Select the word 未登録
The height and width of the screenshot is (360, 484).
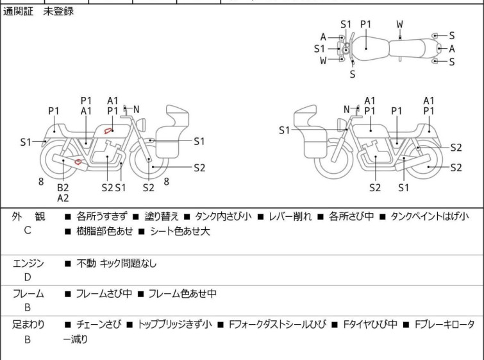click(x=58, y=12)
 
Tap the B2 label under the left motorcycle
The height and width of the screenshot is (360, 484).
click(x=63, y=187)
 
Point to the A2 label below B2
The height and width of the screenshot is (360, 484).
click(x=63, y=198)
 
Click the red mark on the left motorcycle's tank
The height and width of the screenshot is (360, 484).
click(x=110, y=131)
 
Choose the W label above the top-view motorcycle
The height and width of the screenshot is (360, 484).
click(x=399, y=24)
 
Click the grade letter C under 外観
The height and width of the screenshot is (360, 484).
click(x=28, y=230)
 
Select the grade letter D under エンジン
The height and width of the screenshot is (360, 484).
click(x=28, y=277)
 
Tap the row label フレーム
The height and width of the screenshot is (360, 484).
click(x=28, y=294)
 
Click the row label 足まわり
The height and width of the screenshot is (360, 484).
click(x=28, y=325)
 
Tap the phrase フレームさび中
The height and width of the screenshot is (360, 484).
click(x=104, y=294)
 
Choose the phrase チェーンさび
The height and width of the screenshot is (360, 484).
click(x=97, y=325)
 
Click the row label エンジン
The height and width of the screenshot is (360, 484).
click(x=28, y=263)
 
